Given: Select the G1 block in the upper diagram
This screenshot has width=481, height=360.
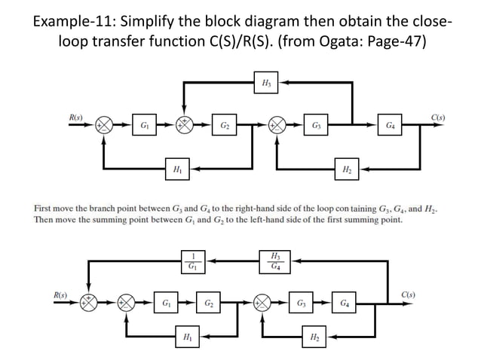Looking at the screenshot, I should coord(142,124).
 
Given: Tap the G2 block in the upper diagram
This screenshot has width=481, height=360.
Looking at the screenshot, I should coord(225,124).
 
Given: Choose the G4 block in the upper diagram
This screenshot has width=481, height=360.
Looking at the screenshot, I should coord(390,124).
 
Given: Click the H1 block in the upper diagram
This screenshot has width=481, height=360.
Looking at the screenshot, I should coord(176,167).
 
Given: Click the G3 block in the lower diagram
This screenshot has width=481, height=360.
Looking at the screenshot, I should coord(301,304).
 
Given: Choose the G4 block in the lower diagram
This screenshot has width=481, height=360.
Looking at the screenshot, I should coord(344,304).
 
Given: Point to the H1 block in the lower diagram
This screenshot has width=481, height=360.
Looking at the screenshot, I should coord(185,339).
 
